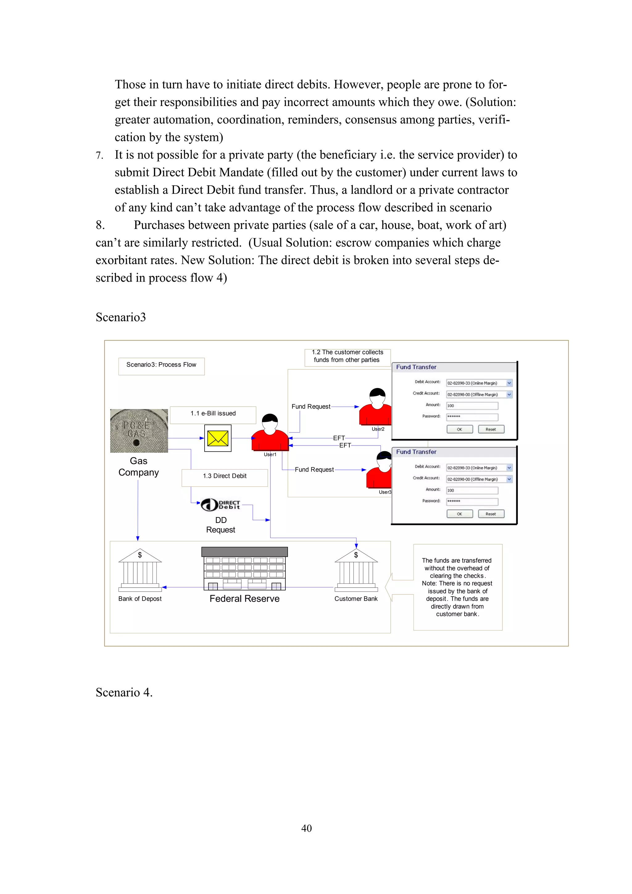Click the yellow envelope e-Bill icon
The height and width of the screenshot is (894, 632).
pos(218,438)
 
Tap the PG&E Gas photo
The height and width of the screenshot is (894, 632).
pos(139,431)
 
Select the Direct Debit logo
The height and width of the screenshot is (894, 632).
pos(220,505)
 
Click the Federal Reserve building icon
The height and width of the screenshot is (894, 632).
pos(244,569)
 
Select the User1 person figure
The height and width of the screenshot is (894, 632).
pos(270,433)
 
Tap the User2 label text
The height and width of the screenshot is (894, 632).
pos(378,429)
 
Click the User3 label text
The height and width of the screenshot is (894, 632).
pos(385,492)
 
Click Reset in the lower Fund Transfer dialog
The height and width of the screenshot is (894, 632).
pos(491,514)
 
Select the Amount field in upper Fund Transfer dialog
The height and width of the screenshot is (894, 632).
pos(472,406)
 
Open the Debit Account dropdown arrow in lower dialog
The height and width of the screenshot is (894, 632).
pos(509,468)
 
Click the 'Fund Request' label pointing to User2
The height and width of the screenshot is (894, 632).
pos(311,407)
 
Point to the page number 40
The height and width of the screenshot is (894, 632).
pos(306,828)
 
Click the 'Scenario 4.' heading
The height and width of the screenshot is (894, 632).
pos(124,692)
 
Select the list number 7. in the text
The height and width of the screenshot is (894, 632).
pos(99,156)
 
